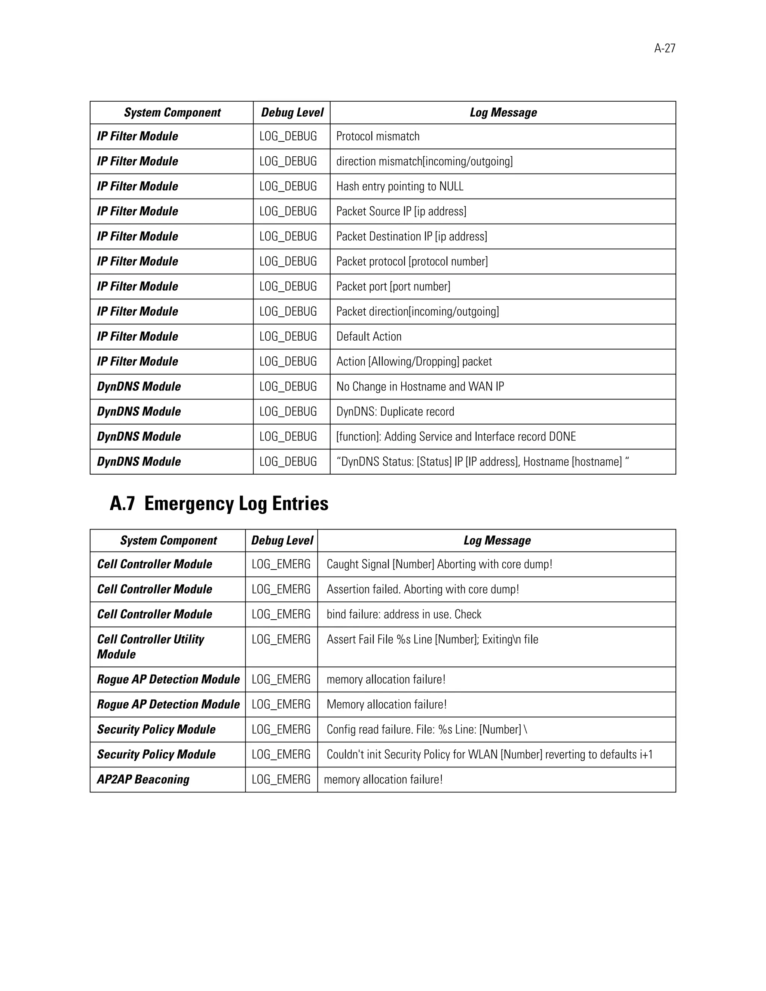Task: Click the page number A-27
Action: coord(664,49)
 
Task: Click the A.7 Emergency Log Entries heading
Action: coord(219,504)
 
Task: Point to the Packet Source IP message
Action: coord(401,211)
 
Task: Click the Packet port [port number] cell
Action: coord(393,286)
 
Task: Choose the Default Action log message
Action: coord(368,337)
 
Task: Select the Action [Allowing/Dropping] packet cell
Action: coord(414,362)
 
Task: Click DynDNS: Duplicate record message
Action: coord(395,412)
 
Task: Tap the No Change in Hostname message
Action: coord(420,387)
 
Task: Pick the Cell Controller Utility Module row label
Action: coord(150,647)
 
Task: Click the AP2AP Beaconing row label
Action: coord(143,780)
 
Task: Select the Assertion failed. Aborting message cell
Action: coord(423,589)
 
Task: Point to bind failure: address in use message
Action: coord(404,614)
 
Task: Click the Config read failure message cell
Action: coord(426,730)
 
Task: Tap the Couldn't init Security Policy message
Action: coord(489,755)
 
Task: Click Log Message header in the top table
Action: coord(503,113)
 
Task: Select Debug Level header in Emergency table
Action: coord(282,540)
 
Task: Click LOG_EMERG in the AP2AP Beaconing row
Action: coord(281,780)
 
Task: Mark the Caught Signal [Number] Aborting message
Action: coord(439,564)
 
